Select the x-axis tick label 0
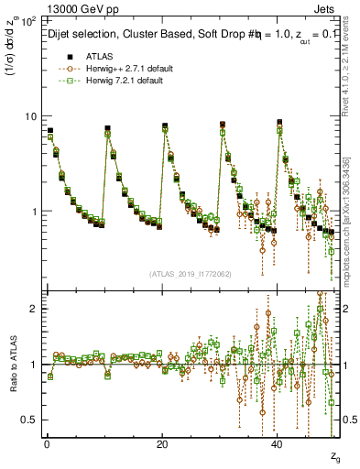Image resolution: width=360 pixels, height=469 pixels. pos(46,442)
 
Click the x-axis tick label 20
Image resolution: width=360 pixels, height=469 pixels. pos(161,442)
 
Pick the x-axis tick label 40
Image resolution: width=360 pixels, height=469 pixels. pos(278,442)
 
